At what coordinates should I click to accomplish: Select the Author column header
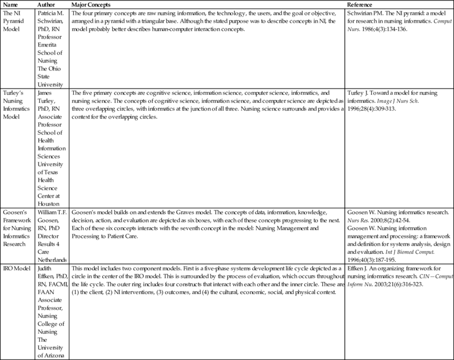point(46,5)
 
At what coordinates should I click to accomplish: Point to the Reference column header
point(364,5)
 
